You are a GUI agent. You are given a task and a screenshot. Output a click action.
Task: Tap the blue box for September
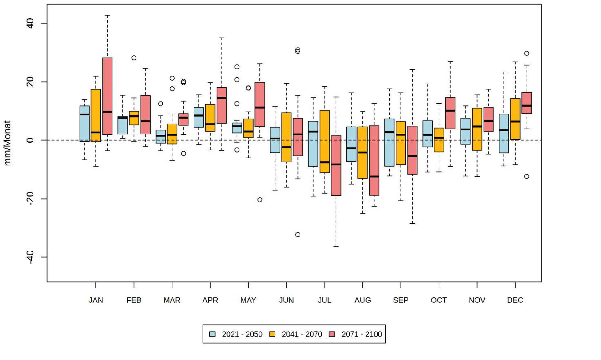click(x=389, y=142)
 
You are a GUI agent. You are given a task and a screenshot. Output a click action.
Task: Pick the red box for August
click(x=374, y=160)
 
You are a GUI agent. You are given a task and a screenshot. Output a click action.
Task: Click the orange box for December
click(x=515, y=119)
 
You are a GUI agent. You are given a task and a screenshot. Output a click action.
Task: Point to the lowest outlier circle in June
click(x=298, y=235)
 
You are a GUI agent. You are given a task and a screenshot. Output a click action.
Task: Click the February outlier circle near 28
click(x=134, y=58)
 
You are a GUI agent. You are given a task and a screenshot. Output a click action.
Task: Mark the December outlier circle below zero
click(x=527, y=176)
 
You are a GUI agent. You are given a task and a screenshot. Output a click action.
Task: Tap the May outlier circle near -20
click(x=260, y=200)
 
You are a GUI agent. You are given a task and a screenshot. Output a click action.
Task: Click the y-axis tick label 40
click(x=30, y=23)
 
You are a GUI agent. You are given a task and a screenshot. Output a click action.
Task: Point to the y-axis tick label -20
click(x=30, y=199)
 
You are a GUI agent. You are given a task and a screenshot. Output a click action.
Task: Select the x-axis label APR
click(x=210, y=300)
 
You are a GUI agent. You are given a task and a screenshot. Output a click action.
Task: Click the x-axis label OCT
click(x=439, y=300)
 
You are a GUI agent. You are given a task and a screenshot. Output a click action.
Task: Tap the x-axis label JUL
click(x=324, y=300)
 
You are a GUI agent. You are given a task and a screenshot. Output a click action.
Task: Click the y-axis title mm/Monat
click(x=7, y=143)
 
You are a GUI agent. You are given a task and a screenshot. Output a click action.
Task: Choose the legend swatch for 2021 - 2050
click(x=213, y=334)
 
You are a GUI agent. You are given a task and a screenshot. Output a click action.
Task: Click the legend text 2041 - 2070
click(x=302, y=334)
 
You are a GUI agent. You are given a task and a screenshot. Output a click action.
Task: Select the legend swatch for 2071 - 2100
click(x=332, y=334)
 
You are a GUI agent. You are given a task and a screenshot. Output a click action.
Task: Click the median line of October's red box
click(x=450, y=111)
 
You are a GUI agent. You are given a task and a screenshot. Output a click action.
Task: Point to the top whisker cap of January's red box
click(x=107, y=15)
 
